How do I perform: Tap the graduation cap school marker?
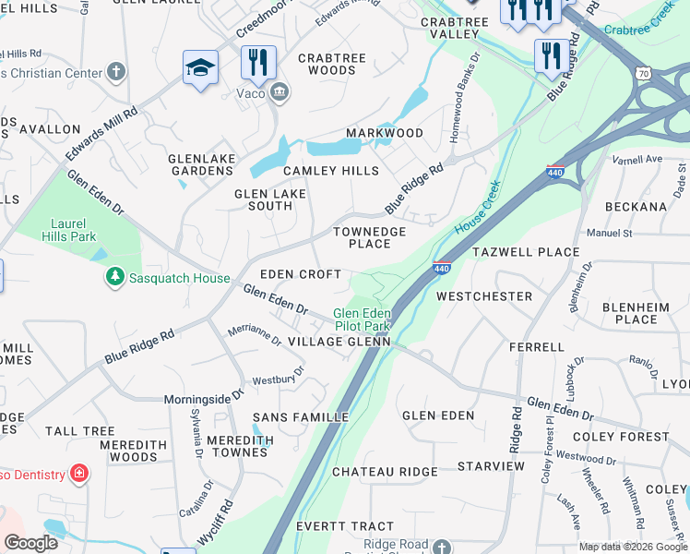coord(200,68)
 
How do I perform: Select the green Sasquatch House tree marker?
coord(115,277)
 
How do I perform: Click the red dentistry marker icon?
coord(79,474)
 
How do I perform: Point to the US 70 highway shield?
coord(642,71)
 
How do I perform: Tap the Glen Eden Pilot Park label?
coord(362,319)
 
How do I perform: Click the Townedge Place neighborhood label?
coord(369,237)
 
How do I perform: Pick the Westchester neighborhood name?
coord(484,296)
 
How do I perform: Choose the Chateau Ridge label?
coord(385,472)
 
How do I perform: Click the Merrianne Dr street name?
coord(255,335)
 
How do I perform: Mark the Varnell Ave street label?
coord(638,159)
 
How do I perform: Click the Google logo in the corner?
coord(30,543)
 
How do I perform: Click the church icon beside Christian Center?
coord(116,71)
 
